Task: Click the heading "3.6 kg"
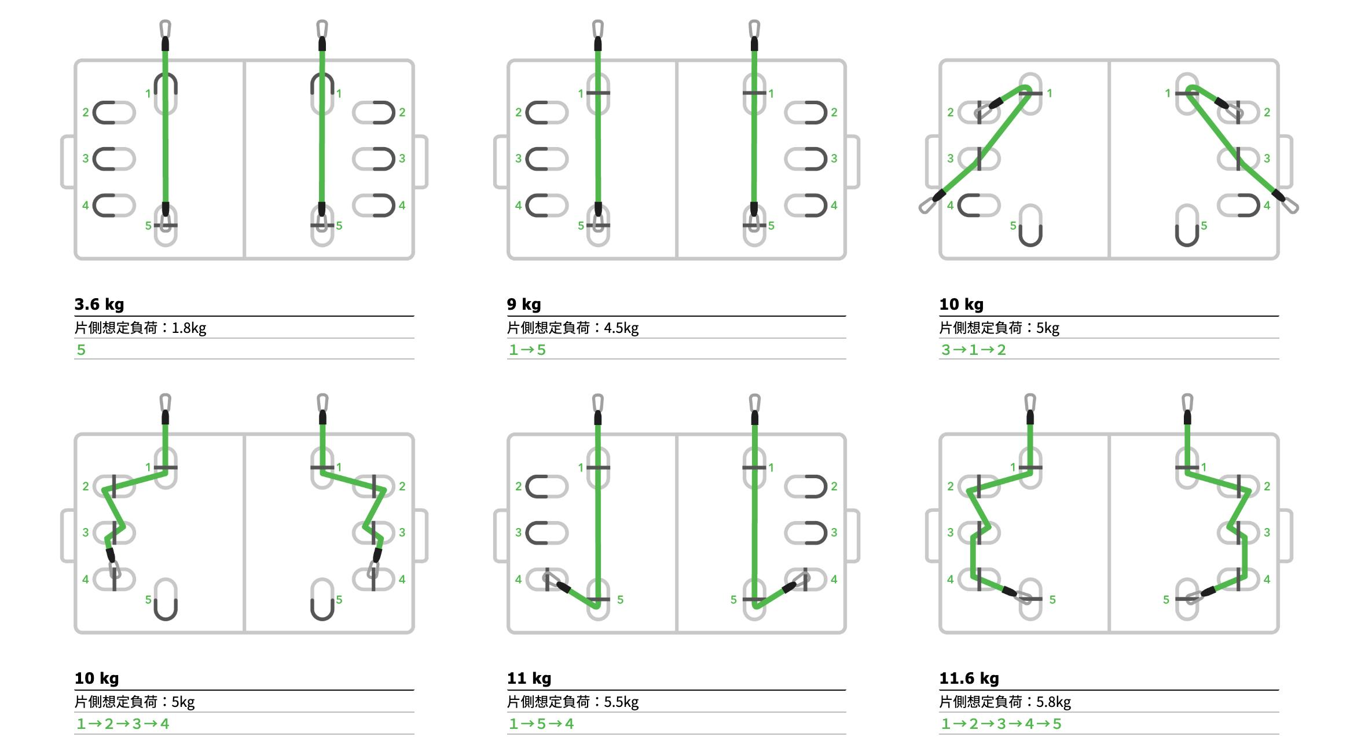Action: coord(99,304)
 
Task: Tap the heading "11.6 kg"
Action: coord(969,678)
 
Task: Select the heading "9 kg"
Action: coord(524,304)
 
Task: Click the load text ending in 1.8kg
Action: coord(140,328)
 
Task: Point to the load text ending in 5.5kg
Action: coord(573,702)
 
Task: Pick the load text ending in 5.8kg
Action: coord(1005,702)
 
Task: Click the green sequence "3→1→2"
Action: coord(974,350)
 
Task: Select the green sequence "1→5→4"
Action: coord(541,724)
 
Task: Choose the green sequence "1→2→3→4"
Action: coord(123,724)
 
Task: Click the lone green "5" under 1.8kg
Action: coord(81,350)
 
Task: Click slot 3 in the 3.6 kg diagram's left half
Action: coord(114,159)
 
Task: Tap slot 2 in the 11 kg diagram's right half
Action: coord(806,486)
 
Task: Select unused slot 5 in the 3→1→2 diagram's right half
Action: coord(1187,225)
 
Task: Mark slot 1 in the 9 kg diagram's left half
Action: coord(598,93)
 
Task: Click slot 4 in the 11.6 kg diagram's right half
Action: coord(1239,579)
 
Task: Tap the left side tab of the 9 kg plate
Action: coord(500,162)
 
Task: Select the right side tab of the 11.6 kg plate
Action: coord(1285,536)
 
